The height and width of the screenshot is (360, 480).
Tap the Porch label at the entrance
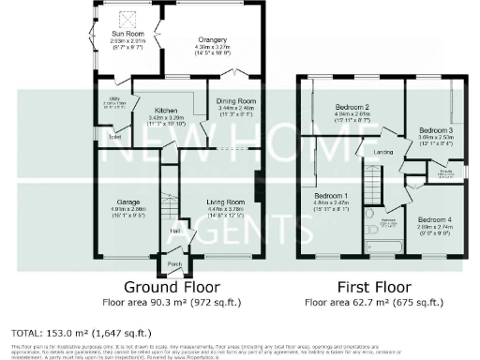pos(173,264)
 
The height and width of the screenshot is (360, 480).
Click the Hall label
pos(174,230)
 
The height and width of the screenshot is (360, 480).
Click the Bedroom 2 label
pos(351,108)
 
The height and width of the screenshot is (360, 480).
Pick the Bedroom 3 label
pos(435,129)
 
